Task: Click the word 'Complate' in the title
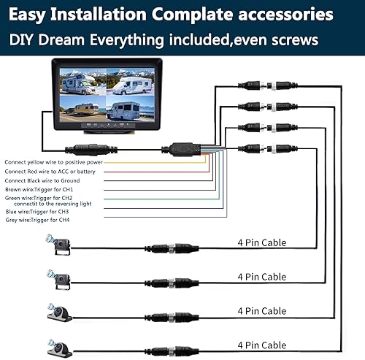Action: click(x=192, y=15)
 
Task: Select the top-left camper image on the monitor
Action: click(x=83, y=82)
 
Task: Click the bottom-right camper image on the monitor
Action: click(x=131, y=109)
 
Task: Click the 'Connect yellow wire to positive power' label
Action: click(x=53, y=162)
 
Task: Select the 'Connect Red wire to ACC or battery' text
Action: click(x=50, y=172)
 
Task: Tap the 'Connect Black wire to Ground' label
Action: click(x=42, y=180)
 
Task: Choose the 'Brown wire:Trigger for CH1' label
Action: click(x=39, y=189)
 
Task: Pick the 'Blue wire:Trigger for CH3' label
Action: click(x=37, y=212)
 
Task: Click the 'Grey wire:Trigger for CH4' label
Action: click(x=37, y=220)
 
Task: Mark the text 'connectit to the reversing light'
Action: click(x=53, y=204)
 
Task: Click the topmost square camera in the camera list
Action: click(x=59, y=245)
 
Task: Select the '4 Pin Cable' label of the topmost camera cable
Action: click(x=262, y=242)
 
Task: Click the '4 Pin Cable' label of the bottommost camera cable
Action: click(x=262, y=345)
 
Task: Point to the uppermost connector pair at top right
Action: click(x=268, y=85)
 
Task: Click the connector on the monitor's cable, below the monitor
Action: click(x=91, y=150)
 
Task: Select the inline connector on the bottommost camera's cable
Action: click(x=172, y=351)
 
